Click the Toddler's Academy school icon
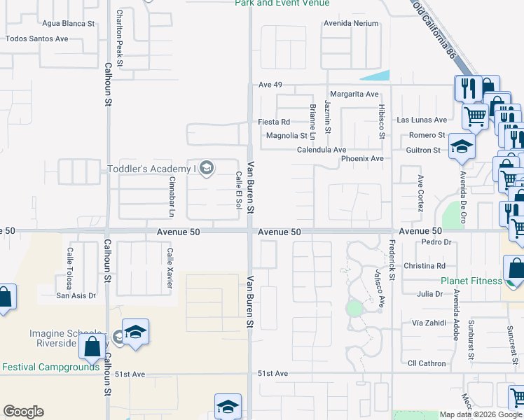pos(206,168)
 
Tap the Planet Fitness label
pos(471,281)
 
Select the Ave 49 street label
pos(270,85)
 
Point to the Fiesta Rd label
pos(274,122)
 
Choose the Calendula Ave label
pos(322,150)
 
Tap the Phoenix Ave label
pos(362,159)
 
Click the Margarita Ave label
pos(354,94)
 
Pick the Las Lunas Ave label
pos(422,120)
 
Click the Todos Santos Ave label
pos(37,38)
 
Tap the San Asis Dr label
pos(76,295)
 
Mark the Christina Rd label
pos(425,266)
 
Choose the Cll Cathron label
pos(427,363)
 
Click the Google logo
pos(23,412)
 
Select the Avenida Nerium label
pos(351,23)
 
